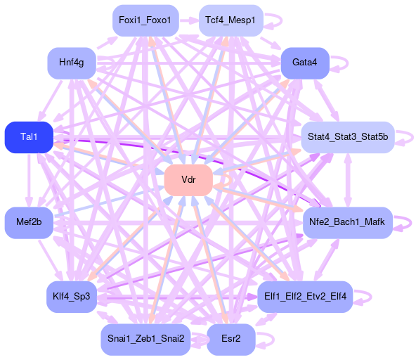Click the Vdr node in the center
(188, 180)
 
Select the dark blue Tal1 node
(29, 137)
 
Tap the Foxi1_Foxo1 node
(145, 20)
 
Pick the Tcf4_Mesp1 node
(230, 20)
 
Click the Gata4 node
(305, 63)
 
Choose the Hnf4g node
(72, 63)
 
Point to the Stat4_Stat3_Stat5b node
(348, 137)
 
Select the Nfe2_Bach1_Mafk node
(348, 222)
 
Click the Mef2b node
(29, 222)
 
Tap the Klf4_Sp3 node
(72, 297)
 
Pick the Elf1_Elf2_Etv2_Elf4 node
(305, 297)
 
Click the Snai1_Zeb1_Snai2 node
(145, 340)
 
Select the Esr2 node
(230, 340)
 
